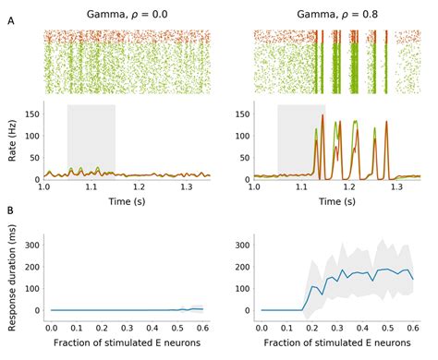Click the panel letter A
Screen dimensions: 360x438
tap(10, 20)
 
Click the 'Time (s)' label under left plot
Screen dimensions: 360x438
tap(128, 199)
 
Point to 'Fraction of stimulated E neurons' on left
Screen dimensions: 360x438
tap(128, 344)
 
